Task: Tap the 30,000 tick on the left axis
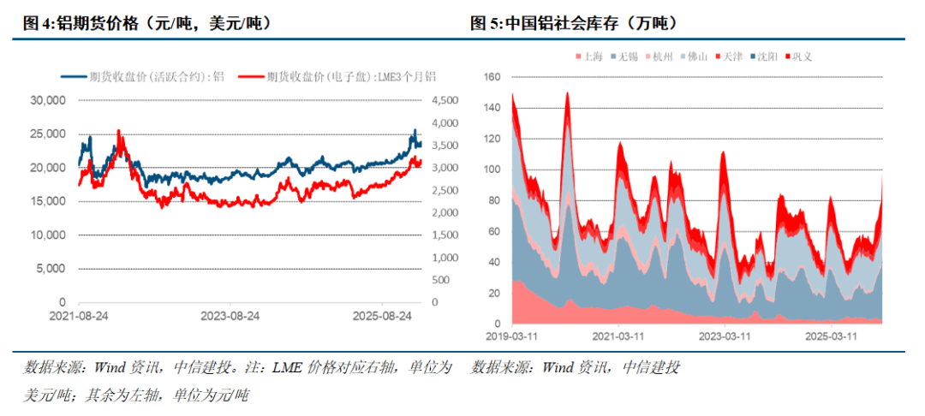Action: point(47,100)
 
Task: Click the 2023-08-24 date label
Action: point(230,315)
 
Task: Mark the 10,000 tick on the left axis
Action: point(47,235)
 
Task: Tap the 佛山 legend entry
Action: point(694,56)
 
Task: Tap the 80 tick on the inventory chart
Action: point(492,200)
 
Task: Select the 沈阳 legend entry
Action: point(766,56)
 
